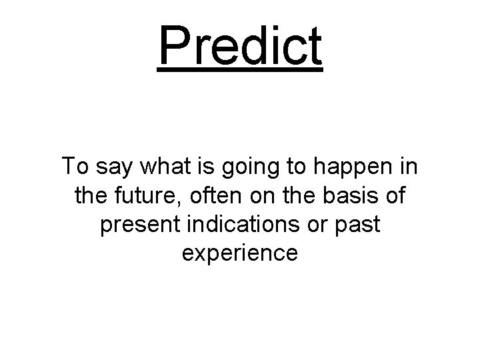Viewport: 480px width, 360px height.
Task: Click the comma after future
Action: coord(171,202)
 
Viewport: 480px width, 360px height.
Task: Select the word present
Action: coord(134,225)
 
